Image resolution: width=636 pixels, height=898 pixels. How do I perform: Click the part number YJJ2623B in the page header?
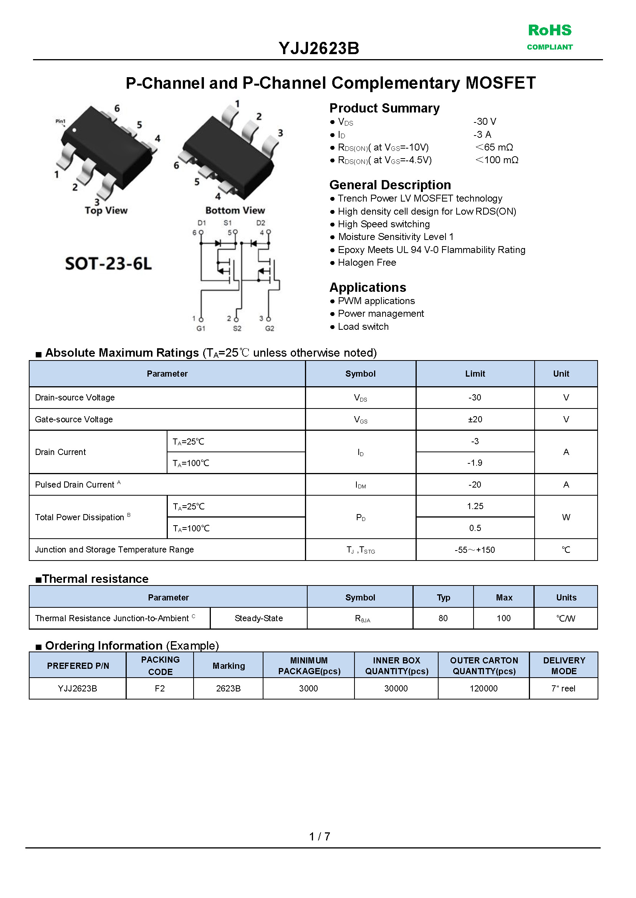tap(319, 48)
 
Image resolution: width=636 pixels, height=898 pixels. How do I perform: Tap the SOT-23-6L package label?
tap(108, 263)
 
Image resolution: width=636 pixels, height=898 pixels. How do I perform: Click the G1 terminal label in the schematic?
tap(200, 328)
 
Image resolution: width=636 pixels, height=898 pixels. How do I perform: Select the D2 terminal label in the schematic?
tap(260, 223)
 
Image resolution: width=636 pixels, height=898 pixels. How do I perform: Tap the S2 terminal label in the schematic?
tap(237, 328)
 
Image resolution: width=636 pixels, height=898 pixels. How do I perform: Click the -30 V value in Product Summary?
tap(484, 122)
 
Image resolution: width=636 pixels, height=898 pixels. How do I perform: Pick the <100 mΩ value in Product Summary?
tap(497, 160)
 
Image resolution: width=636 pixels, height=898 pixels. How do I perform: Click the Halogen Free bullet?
tap(366, 263)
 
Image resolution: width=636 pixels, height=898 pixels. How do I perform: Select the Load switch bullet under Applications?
tap(363, 327)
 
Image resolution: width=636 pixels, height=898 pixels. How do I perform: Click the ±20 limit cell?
tap(475, 419)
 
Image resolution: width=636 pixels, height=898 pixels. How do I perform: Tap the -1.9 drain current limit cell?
tap(475, 463)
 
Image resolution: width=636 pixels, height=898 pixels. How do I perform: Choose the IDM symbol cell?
tap(360, 485)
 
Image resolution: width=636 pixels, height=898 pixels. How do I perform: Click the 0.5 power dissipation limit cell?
tap(475, 528)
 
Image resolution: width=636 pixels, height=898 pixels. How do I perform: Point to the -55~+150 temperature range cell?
tap(475, 550)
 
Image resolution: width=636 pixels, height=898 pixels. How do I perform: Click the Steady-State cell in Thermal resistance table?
tap(258, 618)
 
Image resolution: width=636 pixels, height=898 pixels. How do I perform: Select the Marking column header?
tap(229, 666)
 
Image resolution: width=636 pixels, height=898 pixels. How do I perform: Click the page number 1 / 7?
tap(319, 837)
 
